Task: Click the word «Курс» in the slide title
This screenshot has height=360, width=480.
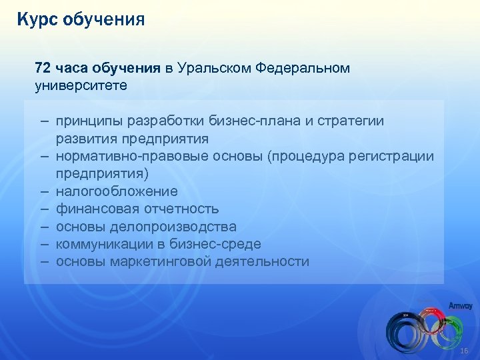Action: (x=37, y=19)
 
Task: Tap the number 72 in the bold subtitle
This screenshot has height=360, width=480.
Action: (x=43, y=69)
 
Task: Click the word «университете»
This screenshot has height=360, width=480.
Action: (x=81, y=86)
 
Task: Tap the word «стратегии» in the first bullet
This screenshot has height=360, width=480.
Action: (x=353, y=122)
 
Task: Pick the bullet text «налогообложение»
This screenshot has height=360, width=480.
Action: (x=117, y=191)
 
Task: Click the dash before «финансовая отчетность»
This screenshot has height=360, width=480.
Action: (x=43, y=209)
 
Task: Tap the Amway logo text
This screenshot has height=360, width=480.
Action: (x=459, y=306)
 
